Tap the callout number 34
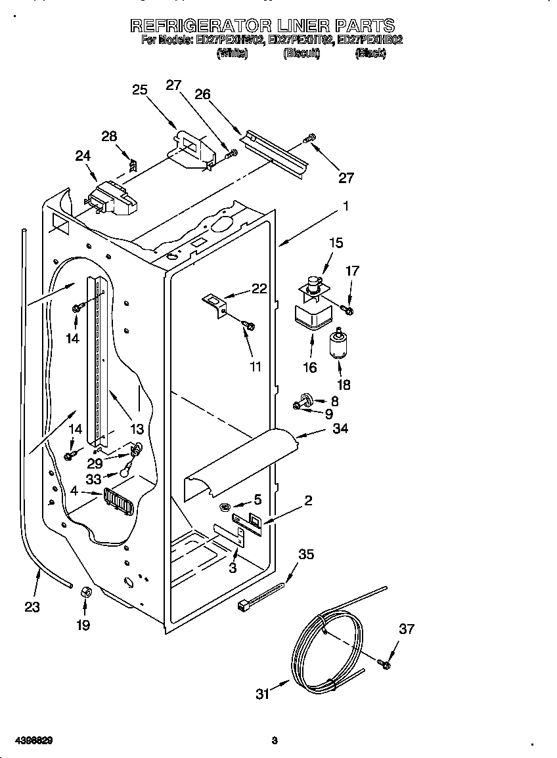[x=340, y=429]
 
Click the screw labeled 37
[x=385, y=664]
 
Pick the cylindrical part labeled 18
[x=338, y=345]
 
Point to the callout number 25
[x=140, y=89]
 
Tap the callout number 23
[x=32, y=607]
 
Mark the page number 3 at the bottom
[x=275, y=741]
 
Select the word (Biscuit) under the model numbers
[x=301, y=54]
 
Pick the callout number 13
[x=136, y=429]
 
